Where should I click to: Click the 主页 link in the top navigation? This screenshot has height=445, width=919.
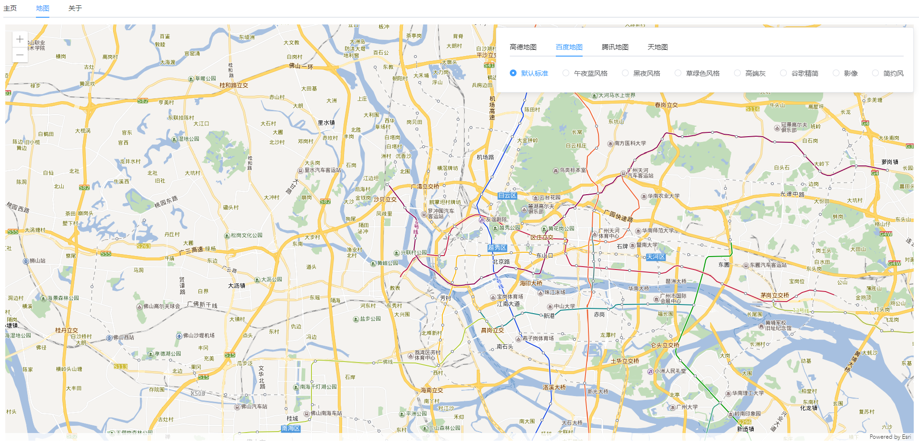click(x=10, y=8)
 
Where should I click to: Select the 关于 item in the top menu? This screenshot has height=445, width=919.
click(x=75, y=8)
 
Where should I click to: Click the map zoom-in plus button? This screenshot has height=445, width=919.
click(x=20, y=39)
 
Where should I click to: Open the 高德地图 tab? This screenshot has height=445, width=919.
click(x=523, y=47)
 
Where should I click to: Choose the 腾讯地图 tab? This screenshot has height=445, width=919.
click(x=615, y=47)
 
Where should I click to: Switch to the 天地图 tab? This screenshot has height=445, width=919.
click(x=657, y=47)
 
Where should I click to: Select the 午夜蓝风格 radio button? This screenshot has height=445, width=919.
click(x=566, y=73)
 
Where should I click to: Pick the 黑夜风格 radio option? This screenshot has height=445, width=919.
click(x=625, y=73)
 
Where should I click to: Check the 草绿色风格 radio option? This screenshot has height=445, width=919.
click(x=678, y=73)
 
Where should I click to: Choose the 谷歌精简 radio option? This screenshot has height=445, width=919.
click(x=783, y=73)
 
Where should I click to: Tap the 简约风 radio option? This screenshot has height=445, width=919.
click(x=875, y=73)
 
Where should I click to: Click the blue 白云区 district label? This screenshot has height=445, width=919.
click(x=507, y=196)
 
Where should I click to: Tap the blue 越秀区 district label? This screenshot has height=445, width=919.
click(x=497, y=248)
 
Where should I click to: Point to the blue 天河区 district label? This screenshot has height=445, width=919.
click(x=655, y=257)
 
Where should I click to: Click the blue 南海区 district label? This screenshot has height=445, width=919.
click(x=291, y=428)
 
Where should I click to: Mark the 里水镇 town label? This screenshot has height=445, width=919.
click(x=326, y=123)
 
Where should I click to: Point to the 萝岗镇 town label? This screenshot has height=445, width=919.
click(x=890, y=162)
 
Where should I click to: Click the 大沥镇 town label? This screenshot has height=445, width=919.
click(x=237, y=286)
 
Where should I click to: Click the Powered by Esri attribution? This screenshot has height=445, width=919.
click(x=890, y=437)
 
